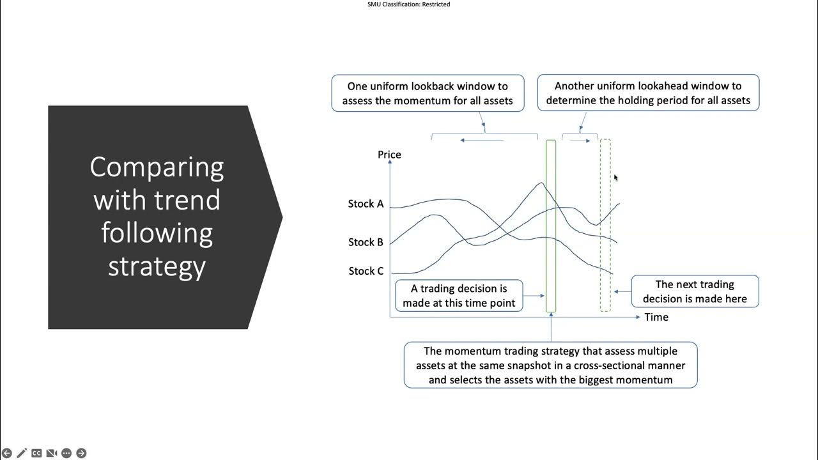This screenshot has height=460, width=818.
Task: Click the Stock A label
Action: coord(366,204)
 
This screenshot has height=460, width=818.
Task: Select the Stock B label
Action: coord(366,242)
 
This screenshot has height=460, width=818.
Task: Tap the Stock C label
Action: coord(366,271)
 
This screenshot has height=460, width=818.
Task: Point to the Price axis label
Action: coord(389,155)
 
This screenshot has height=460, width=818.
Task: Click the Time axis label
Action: coord(656,317)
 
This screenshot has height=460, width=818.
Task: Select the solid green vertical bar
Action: coord(551,226)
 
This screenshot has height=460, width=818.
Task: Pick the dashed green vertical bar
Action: coord(605,226)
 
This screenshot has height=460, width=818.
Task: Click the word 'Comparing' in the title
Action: coord(157,167)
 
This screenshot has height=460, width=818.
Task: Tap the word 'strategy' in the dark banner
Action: coord(157,265)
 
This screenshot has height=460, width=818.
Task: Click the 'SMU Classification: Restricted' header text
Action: coord(408,4)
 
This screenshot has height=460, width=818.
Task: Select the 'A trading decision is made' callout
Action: coord(459,296)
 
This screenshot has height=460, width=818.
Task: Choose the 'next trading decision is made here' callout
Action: coord(695,291)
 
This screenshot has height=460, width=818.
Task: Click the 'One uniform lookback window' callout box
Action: coord(428,93)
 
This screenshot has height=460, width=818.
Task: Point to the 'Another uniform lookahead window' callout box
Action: coord(648,93)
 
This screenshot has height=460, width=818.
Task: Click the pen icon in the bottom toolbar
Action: coord(22,453)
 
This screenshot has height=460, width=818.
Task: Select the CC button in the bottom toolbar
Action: coord(36,453)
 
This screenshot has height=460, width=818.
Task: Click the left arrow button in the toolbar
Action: coord(7,453)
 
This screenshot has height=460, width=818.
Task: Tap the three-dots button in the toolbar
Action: coord(66,453)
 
